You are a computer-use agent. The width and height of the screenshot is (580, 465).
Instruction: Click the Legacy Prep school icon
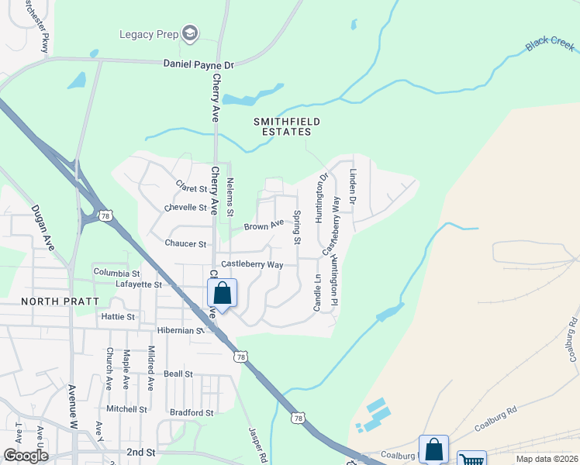click(x=190, y=33)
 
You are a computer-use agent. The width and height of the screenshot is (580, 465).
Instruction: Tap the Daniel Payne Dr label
click(x=199, y=65)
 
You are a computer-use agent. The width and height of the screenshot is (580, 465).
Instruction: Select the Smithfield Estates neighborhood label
click(x=287, y=128)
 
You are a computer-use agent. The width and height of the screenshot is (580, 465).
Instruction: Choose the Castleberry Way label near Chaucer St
click(x=252, y=264)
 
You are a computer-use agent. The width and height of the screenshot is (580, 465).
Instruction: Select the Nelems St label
click(x=230, y=197)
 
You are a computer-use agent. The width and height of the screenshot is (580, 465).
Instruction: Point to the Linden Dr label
click(x=352, y=187)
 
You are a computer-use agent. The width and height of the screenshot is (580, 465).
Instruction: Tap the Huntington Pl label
click(x=334, y=275)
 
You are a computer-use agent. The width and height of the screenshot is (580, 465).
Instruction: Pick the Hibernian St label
click(x=173, y=329)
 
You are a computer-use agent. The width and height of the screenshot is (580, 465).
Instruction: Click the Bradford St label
click(x=192, y=413)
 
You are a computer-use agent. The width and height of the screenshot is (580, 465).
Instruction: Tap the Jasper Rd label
click(x=257, y=442)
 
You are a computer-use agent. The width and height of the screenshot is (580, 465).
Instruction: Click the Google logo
click(x=25, y=456)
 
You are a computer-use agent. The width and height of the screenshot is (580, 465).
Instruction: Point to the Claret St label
click(x=192, y=188)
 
